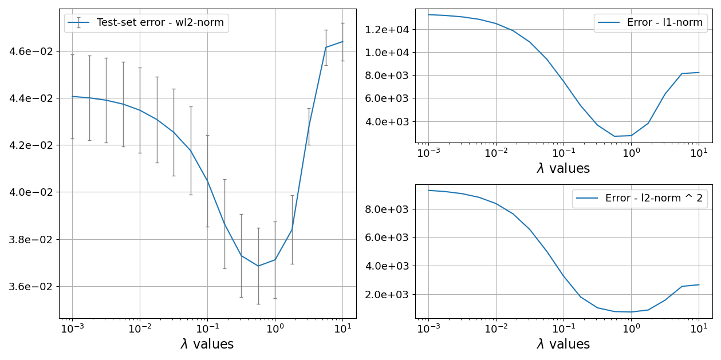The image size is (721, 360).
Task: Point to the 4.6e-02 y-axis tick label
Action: point(29,52)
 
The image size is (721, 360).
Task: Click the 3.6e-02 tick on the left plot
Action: point(29,286)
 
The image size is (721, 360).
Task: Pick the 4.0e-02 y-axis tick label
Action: point(29,192)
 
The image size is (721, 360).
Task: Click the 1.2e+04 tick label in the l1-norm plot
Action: point(386,30)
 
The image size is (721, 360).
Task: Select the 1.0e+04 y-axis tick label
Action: point(386,53)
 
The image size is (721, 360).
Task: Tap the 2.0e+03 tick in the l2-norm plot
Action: point(386,295)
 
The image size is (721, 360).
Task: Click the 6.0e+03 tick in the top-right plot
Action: point(386,98)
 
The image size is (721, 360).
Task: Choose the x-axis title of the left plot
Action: point(207,345)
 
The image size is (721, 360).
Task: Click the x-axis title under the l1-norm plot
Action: point(563,169)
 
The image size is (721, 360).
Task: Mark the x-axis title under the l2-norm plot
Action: point(563,345)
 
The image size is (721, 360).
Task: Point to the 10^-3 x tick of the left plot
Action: point(72,330)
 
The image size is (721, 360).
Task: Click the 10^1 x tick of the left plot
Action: point(342,330)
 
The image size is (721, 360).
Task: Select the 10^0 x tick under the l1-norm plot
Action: point(631,153)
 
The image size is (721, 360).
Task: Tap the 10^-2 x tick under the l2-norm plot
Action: point(495,330)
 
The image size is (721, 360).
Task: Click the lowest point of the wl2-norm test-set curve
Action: point(258,266)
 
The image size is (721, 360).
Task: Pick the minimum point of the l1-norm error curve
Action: point(614,136)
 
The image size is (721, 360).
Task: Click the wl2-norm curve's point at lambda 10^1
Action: point(342,41)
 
